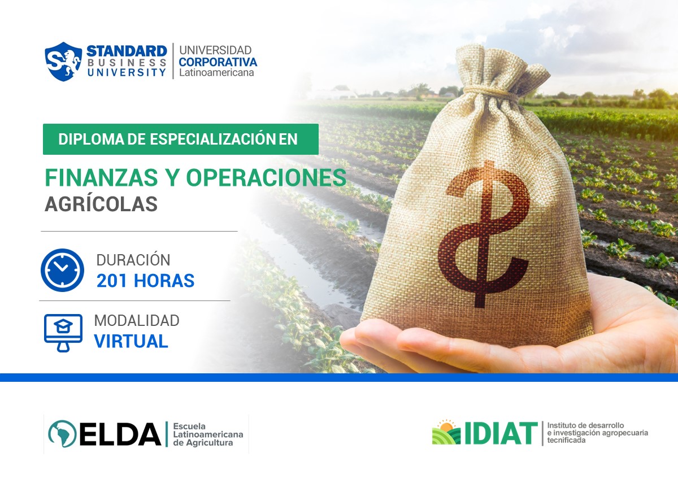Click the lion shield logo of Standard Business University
click(63, 61)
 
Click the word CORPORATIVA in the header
click(218, 62)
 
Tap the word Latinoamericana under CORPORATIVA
click(216, 72)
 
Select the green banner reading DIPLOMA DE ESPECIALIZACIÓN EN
click(180, 140)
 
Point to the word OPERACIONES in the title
click(266, 178)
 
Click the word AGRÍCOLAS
click(101, 204)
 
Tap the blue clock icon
click(62, 270)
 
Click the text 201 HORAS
click(145, 281)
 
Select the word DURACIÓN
click(133, 260)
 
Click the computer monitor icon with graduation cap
click(63, 332)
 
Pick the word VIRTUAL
click(131, 341)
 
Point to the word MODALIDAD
click(136, 320)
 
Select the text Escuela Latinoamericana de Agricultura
click(207, 434)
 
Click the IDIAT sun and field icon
click(446, 433)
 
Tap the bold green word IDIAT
click(501, 433)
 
